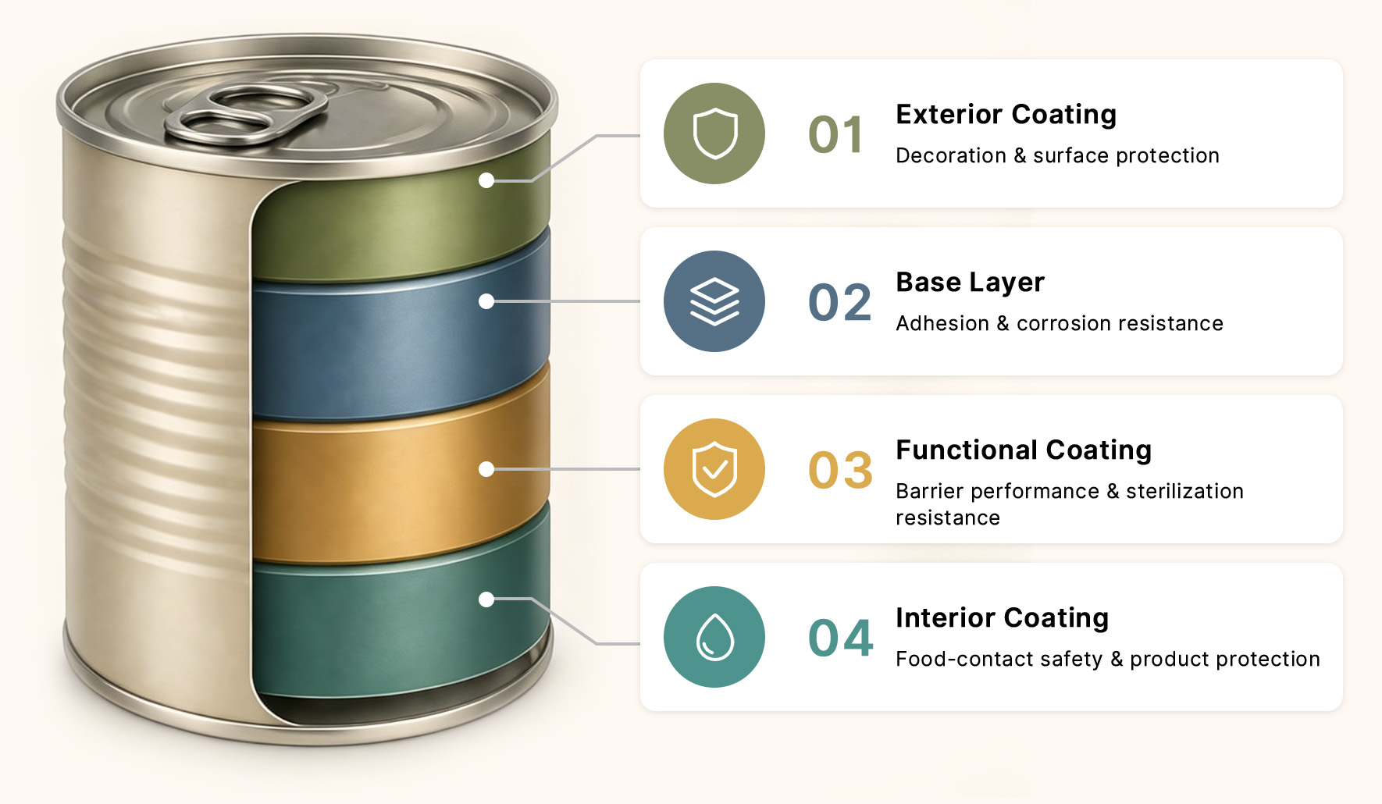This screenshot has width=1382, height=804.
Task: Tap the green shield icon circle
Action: pos(714,133)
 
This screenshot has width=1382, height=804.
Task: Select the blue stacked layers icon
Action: pos(714,301)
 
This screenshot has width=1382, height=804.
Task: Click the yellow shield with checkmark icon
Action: pos(714,469)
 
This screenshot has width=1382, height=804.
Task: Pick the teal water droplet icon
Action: pos(714,637)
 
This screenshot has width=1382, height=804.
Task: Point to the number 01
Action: pos(836,134)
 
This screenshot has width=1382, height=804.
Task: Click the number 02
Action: pos(840,302)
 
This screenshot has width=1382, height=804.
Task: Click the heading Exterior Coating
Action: pos(1006,115)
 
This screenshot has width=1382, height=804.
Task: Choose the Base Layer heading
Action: pos(971,283)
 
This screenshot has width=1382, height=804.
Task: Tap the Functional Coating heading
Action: pos(1024,450)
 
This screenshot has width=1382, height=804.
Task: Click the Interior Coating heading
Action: pos(1003,618)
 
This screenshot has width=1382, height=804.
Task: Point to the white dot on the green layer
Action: pos(486,180)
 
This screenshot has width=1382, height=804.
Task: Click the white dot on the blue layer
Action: pos(486,301)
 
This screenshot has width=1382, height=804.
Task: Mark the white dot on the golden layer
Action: pos(486,469)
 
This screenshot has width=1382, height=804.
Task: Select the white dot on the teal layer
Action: pos(486,599)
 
